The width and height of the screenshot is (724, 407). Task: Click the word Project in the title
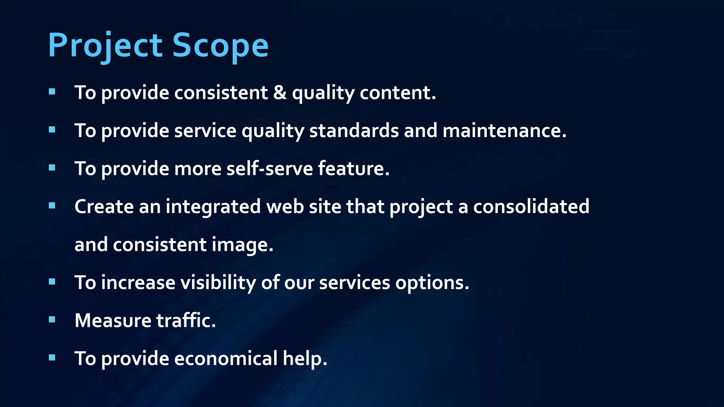tap(105, 45)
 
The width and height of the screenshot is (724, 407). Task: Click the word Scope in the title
tap(220, 45)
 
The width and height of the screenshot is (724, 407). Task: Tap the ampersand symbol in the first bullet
tap(280, 93)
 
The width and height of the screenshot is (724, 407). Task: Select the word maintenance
tap(504, 130)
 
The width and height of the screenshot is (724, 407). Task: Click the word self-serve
tap(269, 168)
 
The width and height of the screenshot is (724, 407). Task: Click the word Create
tap(104, 206)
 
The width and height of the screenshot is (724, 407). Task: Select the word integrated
tap(213, 207)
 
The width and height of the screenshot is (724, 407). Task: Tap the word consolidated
tap(531, 206)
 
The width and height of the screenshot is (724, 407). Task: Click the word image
tap(243, 245)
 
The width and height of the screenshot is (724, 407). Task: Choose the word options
tap(432, 283)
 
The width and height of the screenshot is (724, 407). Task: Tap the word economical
tap(226, 358)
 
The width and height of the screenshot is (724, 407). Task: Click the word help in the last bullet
tap(305, 359)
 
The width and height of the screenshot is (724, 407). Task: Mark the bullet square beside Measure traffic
tap(52, 320)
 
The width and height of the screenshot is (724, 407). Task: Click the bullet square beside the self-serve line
tap(52, 167)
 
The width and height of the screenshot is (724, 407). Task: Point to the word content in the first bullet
tap(398, 93)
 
